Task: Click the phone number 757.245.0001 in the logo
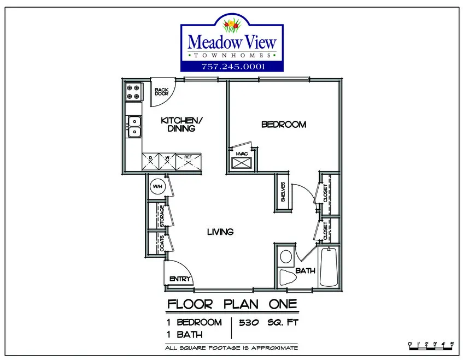pyautogui.click(x=233, y=67)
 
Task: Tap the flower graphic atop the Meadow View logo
pyautogui.click(x=232, y=25)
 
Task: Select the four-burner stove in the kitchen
pyautogui.click(x=133, y=92)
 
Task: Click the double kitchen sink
pyautogui.click(x=134, y=126)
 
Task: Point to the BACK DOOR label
pyautogui.click(x=161, y=91)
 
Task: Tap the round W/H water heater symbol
pyautogui.click(x=157, y=186)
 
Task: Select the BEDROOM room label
pyautogui.click(x=284, y=125)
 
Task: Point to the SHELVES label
pyautogui.click(x=283, y=192)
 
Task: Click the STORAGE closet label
pyautogui.click(x=162, y=216)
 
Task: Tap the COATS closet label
pyautogui.click(x=162, y=244)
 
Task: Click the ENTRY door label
pyautogui.click(x=180, y=279)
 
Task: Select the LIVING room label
pyautogui.click(x=220, y=232)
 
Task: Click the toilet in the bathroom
pyautogui.click(x=288, y=277)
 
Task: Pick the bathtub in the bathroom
pyautogui.click(x=329, y=267)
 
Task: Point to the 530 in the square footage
pyautogui.click(x=249, y=322)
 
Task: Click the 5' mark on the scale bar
pyautogui.click(x=452, y=344)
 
